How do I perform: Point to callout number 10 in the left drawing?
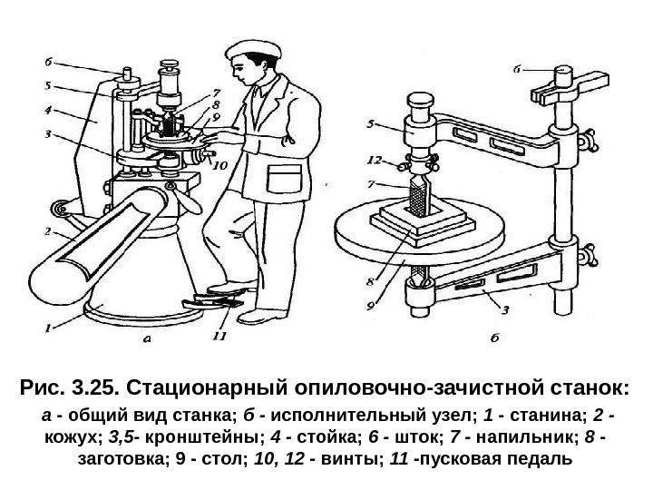tap(218, 164)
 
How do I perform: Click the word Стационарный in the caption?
tap(204, 390)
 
